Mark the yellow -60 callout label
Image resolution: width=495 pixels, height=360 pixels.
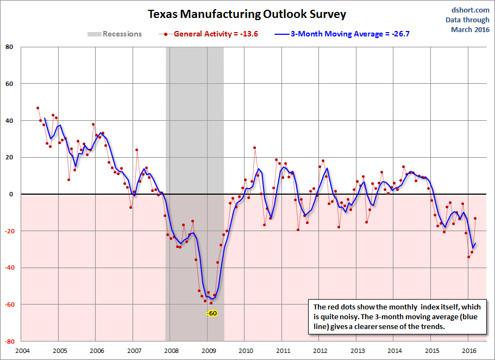pyautogui.click(x=211, y=313)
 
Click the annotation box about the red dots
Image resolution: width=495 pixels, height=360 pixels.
pyautogui.click(x=397, y=316)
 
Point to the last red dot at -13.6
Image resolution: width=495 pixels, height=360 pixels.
pyautogui.click(x=475, y=219)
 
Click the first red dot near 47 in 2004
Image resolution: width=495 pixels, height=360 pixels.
pyautogui.click(x=37, y=108)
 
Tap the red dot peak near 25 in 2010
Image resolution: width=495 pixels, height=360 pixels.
pyautogui.click(x=254, y=148)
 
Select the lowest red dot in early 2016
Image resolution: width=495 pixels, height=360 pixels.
pyautogui.click(x=468, y=257)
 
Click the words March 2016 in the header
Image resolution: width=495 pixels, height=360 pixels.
pyautogui.click(x=470, y=29)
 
